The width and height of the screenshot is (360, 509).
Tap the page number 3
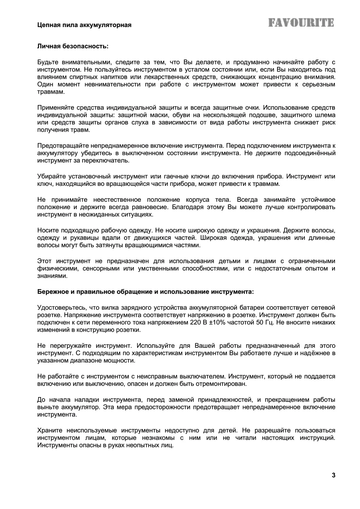[x=333, y=475]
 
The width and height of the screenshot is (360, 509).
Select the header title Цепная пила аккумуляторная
[x=84, y=25]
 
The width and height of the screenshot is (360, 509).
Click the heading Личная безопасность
[x=73, y=46]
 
